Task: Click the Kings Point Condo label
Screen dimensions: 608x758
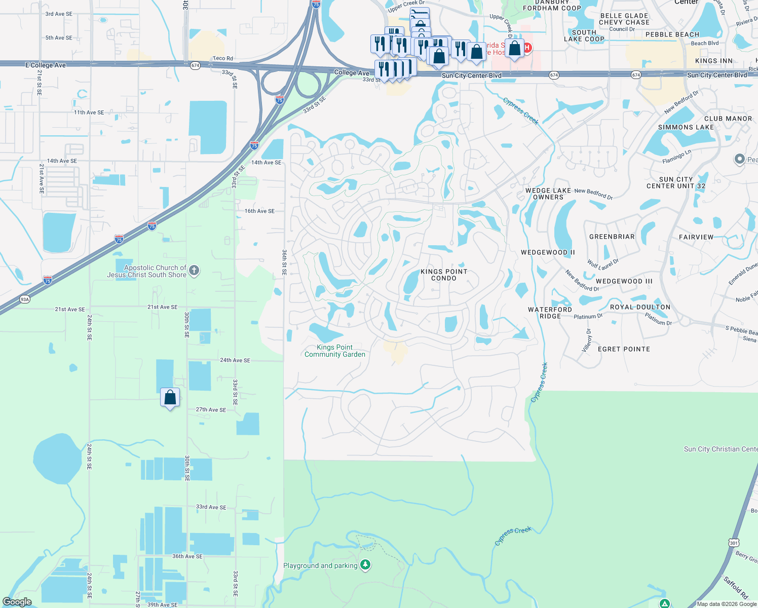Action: tap(444, 275)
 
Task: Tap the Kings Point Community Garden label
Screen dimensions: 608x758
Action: tap(335, 351)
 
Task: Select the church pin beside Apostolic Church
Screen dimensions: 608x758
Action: tap(194, 271)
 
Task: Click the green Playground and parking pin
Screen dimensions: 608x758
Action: tap(365, 564)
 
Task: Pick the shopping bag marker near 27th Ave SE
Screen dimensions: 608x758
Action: tap(170, 398)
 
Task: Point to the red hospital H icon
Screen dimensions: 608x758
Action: tap(527, 48)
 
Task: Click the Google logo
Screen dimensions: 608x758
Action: tap(17, 602)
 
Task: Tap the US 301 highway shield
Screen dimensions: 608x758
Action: tap(734, 543)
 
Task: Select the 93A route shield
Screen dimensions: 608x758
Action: tap(25, 299)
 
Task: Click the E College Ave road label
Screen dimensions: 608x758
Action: tap(46, 65)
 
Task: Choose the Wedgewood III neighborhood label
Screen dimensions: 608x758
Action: tap(624, 281)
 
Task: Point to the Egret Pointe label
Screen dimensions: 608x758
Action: tap(624, 349)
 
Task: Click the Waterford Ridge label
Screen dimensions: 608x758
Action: tap(550, 313)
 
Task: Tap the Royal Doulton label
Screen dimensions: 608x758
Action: tap(640, 307)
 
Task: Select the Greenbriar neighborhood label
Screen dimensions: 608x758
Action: tap(612, 237)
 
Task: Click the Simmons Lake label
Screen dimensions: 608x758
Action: tap(686, 127)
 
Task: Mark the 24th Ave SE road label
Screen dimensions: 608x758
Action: tap(235, 360)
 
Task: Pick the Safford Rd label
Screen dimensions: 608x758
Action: tap(735, 587)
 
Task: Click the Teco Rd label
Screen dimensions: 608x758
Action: tap(223, 59)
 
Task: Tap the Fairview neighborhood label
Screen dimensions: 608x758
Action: tap(696, 237)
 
